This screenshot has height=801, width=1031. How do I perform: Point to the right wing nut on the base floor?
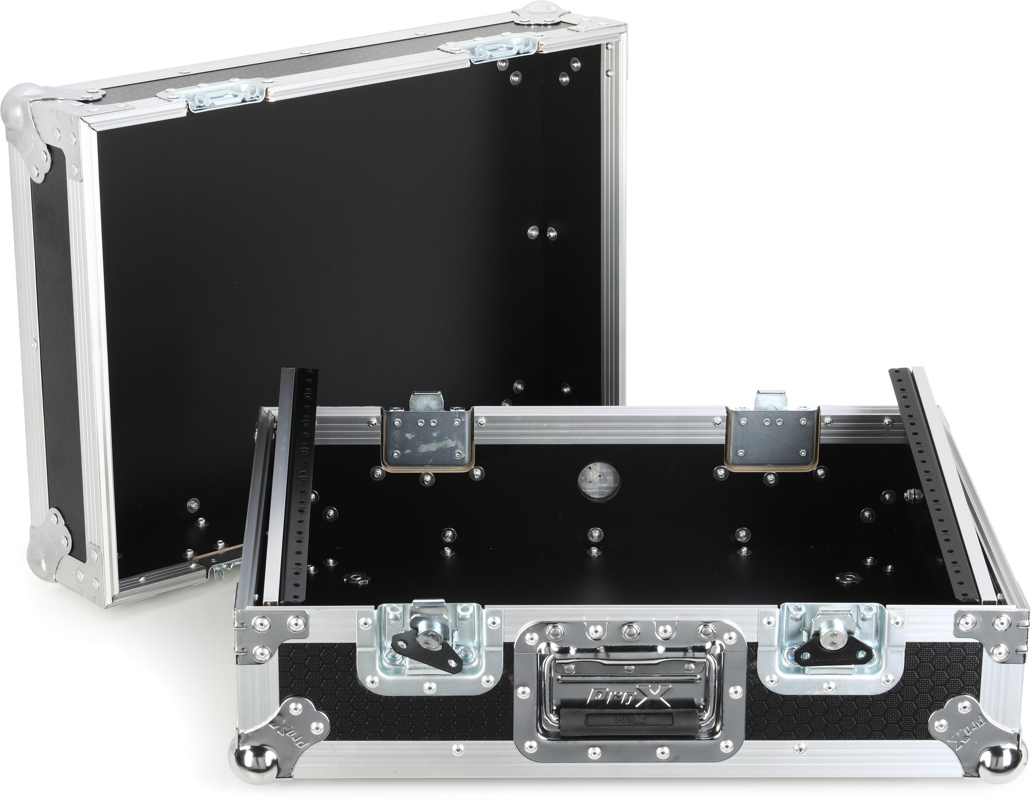pyautogui.click(x=847, y=578)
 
